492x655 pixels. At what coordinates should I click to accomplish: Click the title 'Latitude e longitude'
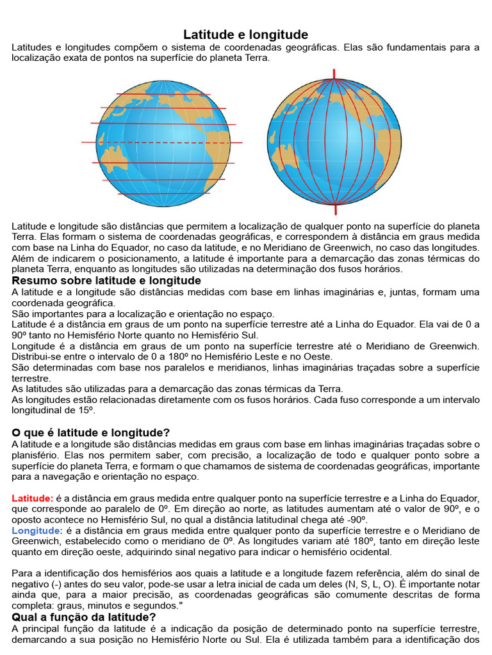pyautogui.click(x=246, y=35)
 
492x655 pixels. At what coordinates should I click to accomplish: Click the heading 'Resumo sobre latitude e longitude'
pyautogui.click(x=106, y=281)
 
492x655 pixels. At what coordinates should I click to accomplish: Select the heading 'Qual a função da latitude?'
pyautogui.click(x=84, y=617)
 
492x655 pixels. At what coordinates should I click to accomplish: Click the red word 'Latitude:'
pyautogui.click(x=33, y=498)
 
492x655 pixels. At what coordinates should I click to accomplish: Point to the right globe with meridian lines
pyautogui.click(x=334, y=142)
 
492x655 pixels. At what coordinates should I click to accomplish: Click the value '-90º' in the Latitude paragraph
pyautogui.click(x=354, y=519)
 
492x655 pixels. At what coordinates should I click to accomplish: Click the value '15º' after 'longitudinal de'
pyautogui.click(x=85, y=411)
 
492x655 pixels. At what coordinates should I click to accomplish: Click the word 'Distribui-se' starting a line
pyautogui.click(x=37, y=356)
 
